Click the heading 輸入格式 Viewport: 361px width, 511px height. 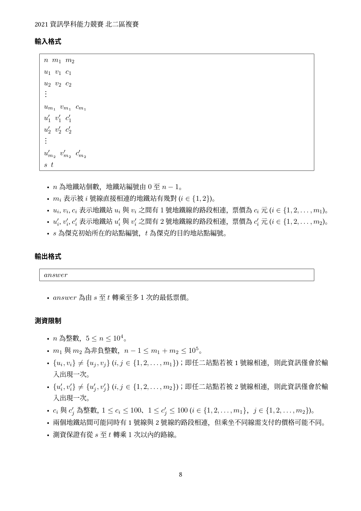[x=48, y=42]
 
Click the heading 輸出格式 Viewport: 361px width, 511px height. [x=48, y=257]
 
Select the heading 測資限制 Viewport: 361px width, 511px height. [x=48, y=321]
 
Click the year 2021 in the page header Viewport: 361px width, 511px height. [x=41, y=24]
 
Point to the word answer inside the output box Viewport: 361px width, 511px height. [x=56, y=275]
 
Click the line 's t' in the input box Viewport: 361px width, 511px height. [x=49, y=165]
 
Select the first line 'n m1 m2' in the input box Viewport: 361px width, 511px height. [x=59, y=61]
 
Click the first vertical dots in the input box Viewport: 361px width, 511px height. [x=46, y=94]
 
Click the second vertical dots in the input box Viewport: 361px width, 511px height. [x=46, y=141]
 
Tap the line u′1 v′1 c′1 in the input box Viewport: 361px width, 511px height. [x=58, y=118]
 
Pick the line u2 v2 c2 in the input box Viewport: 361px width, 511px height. [x=58, y=84]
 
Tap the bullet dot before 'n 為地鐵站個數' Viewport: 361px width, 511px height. [x=48, y=187]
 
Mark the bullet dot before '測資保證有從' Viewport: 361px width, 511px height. [x=48, y=435]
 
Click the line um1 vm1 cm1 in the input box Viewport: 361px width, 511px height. [x=65, y=107]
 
